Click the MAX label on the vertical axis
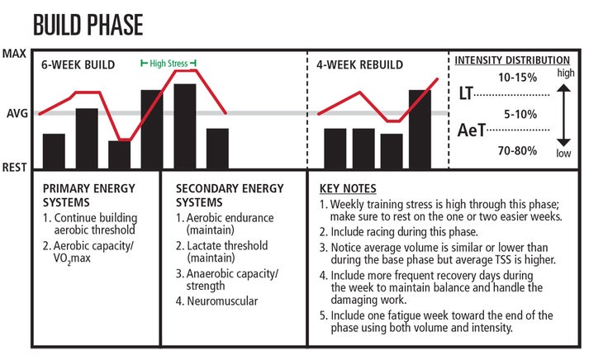[14, 54]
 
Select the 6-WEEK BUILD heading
[78, 64]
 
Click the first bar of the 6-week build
[54, 150]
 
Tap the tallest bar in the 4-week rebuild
[420, 128]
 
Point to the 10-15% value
[518, 78]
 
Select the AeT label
[472, 130]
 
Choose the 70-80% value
[518, 150]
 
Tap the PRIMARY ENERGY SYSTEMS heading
[88, 195]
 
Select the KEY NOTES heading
[347, 188]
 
